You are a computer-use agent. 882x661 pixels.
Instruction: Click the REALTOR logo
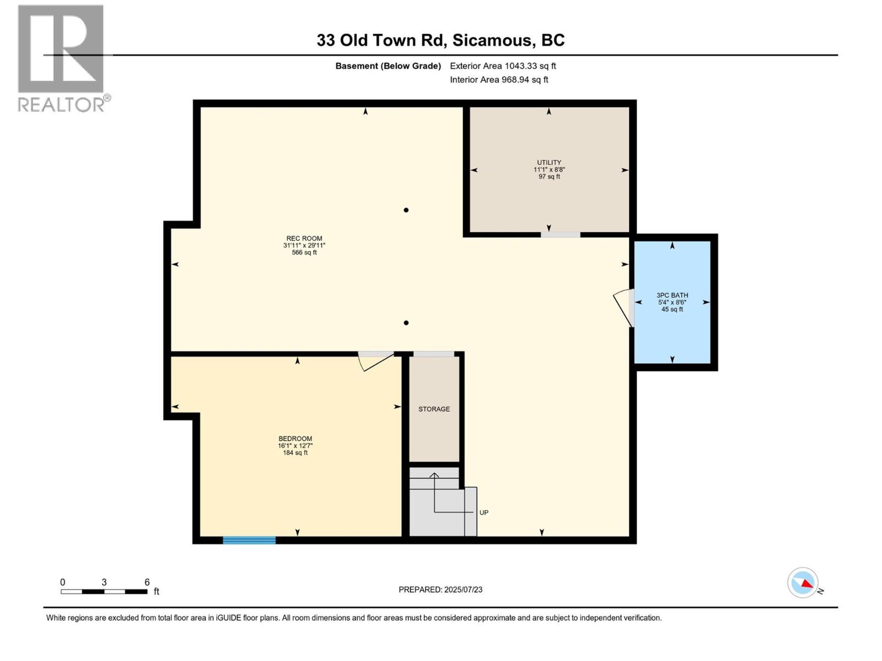click(63, 58)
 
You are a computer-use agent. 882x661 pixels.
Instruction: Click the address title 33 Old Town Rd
click(381, 40)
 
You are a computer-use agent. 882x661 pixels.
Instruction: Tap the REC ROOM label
click(304, 239)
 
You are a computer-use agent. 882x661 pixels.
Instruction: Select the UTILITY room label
click(549, 162)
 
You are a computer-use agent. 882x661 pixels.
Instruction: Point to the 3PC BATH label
click(672, 295)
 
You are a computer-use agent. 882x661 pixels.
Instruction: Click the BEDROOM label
click(295, 438)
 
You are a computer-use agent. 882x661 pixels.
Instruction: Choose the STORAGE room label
click(434, 409)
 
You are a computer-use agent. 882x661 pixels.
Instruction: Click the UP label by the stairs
click(484, 512)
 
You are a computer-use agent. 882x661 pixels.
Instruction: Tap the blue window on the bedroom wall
click(249, 540)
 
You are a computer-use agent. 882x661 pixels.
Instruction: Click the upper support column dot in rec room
click(406, 210)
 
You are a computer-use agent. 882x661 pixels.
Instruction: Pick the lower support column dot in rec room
click(406, 323)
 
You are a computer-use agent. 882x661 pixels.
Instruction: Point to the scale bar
click(104, 592)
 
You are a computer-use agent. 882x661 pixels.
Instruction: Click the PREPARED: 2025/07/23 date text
click(440, 589)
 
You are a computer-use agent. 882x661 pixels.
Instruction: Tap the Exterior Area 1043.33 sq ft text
click(503, 66)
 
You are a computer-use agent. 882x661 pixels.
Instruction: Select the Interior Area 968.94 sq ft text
click(499, 79)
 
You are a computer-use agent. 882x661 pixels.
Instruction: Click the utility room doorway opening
click(561, 235)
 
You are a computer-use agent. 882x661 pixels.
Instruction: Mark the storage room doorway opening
click(434, 354)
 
